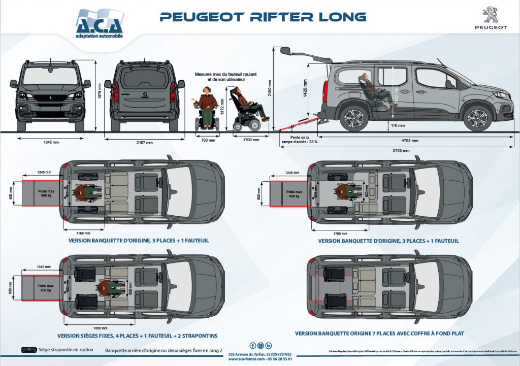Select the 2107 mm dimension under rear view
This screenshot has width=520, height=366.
[145, 143]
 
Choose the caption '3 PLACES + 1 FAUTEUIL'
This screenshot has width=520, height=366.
[388, 240]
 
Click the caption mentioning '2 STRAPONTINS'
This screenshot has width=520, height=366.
[138, 336]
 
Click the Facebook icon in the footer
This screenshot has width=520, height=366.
[252, 346]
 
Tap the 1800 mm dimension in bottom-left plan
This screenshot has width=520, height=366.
[93, 327]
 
